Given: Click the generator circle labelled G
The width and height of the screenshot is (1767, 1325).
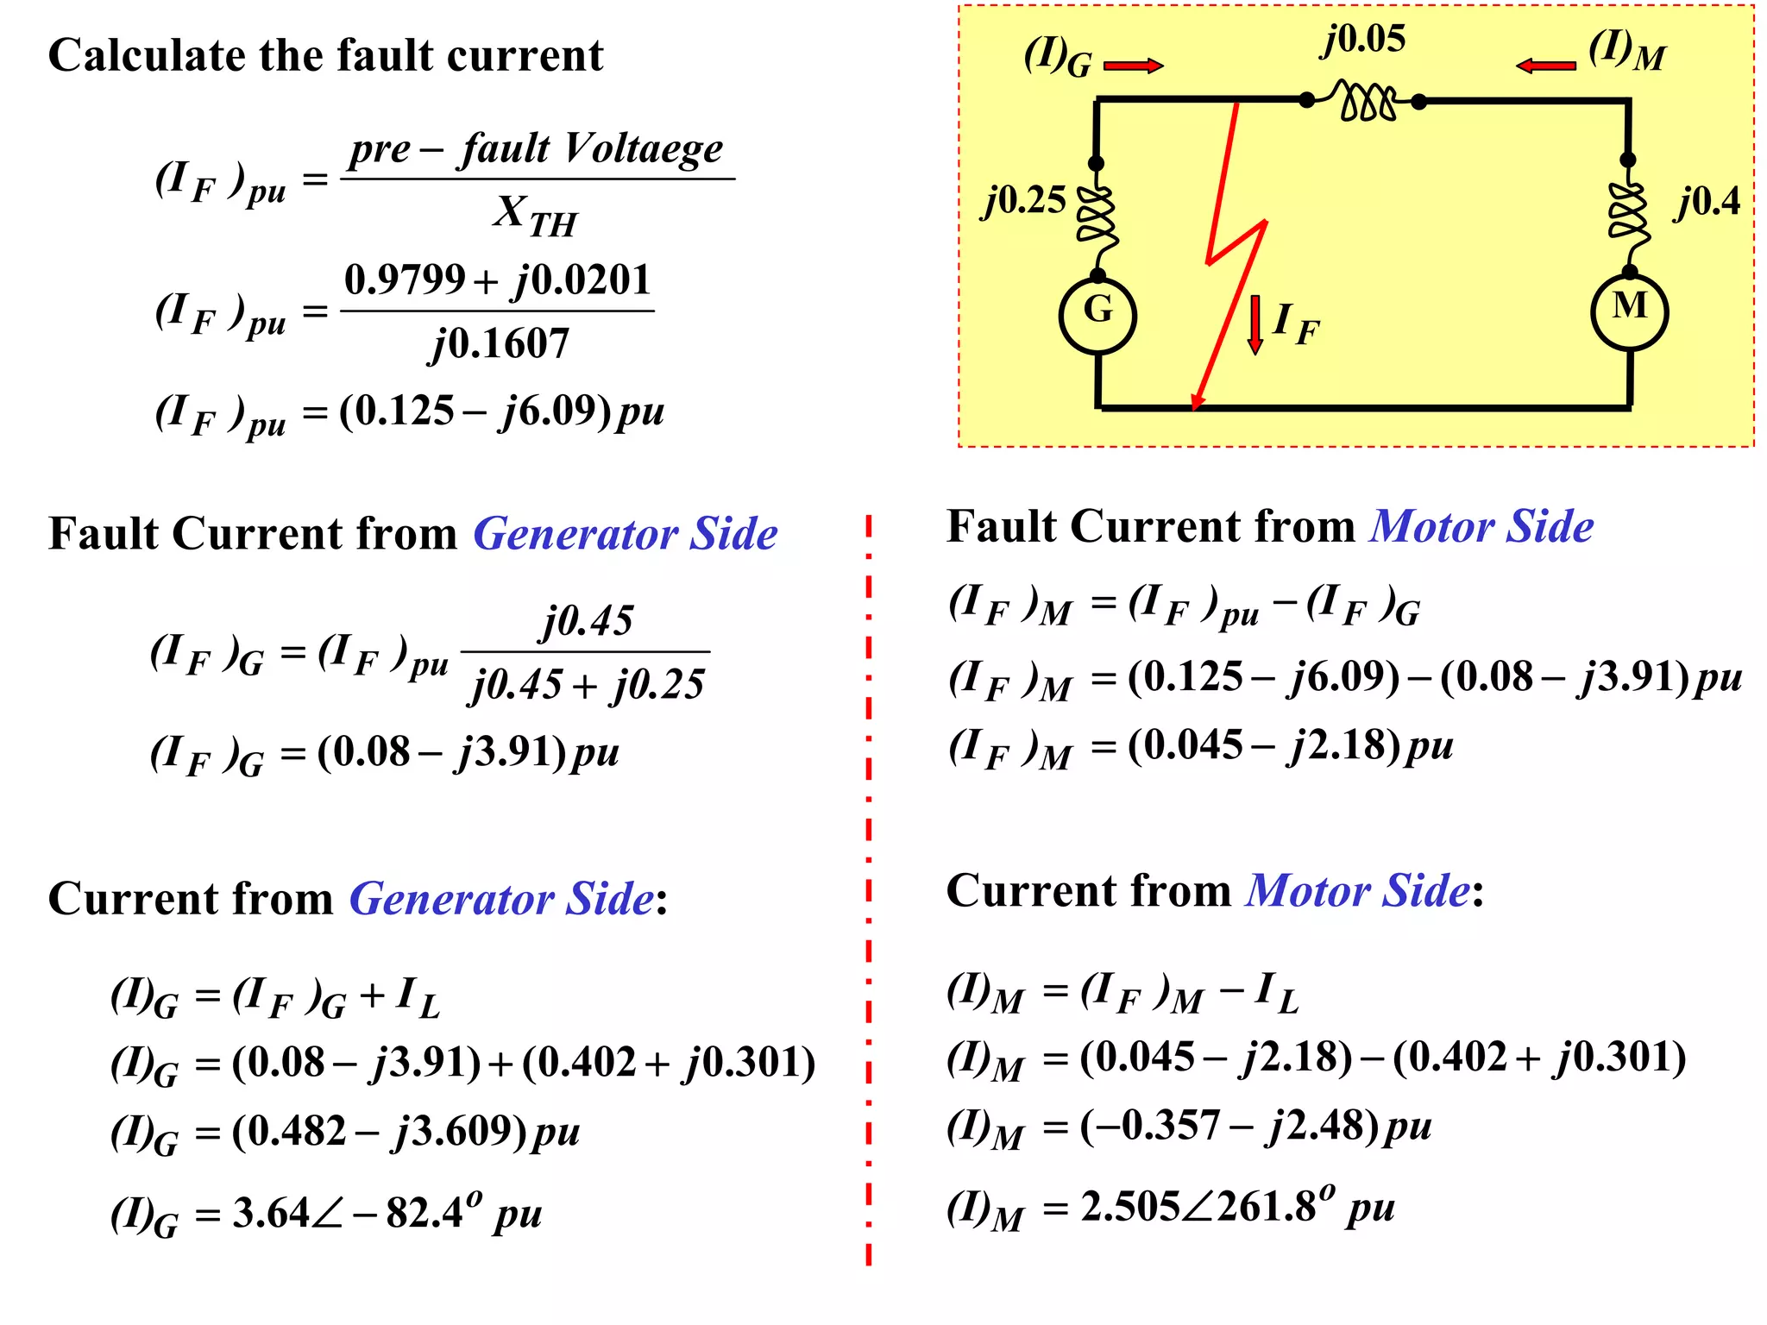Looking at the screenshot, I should [x=1097, y=315].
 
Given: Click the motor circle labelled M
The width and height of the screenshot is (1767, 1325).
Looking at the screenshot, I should [x=1629, y=311].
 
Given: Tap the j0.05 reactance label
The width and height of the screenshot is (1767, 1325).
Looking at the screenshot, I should [x=1363, y=40].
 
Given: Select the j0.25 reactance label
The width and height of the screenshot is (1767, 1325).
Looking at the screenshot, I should [x=1025, y=201].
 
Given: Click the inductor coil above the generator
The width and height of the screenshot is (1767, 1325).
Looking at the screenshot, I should [x=1097, y=216].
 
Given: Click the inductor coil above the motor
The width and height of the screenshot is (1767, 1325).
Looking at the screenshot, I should [x=1628, y=214].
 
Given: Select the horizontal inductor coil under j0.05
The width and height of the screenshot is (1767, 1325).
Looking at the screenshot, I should [x=1365, y=101].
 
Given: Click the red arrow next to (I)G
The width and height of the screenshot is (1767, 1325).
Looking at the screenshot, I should [x=1133, y=66].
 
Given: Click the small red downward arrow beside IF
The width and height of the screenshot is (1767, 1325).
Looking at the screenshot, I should [x=1255, y=324].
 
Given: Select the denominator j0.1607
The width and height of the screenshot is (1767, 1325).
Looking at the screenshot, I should [x=499, y=344].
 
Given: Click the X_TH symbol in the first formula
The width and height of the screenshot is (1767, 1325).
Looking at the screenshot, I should [x=535, y=214].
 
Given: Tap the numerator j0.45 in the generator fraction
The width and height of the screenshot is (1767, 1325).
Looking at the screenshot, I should [x=587, y=620].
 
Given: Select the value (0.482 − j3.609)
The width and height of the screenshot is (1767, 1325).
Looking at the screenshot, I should [x=380, y=1131].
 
